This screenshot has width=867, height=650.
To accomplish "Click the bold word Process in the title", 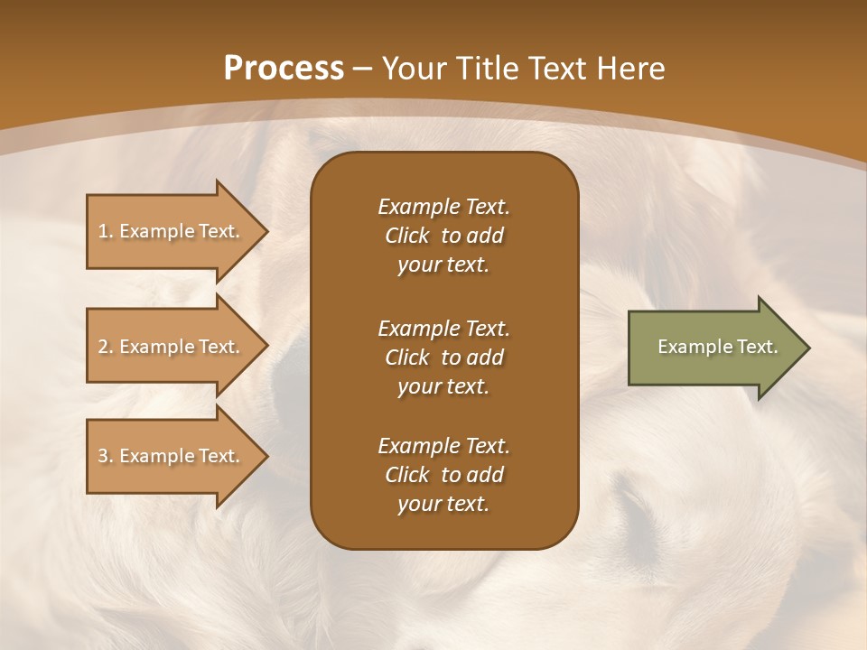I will coord(283,68).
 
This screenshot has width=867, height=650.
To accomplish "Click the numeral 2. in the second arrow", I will coord(106,347).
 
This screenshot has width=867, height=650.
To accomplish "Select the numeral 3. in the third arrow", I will coord(106,456).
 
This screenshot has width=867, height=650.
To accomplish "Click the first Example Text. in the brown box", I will coord(443,207).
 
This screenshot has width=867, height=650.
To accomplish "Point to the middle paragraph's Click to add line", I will coord(443,357).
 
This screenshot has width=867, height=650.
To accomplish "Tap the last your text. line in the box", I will coord(443,505).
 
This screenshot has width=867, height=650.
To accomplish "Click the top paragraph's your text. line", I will coord(443,265).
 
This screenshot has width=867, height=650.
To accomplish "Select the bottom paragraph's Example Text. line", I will coord(443,446).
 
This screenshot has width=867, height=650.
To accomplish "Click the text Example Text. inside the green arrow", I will coord(717,347).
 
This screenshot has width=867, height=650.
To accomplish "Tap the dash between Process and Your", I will coord(363,69).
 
